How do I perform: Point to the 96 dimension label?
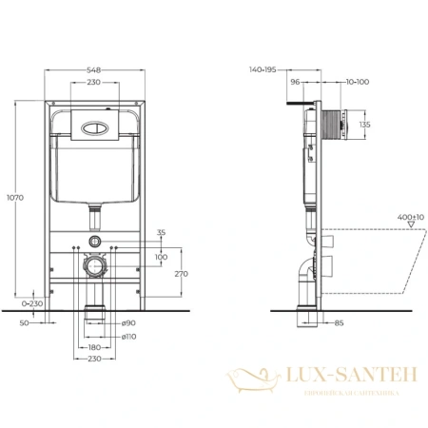296,83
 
